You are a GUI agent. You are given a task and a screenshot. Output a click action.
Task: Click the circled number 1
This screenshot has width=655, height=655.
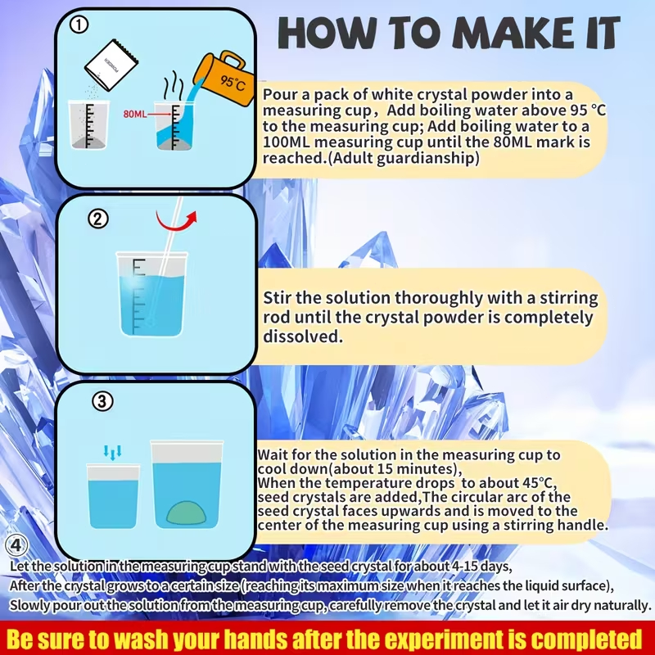(x=78, y=25)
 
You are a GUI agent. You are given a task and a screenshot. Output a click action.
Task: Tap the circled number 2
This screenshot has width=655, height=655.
(x=98, y=219)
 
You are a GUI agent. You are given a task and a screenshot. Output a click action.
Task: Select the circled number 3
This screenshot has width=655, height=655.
(x=102, y=401)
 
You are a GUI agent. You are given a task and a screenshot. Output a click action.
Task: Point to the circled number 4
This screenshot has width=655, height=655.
(x=16, y=545)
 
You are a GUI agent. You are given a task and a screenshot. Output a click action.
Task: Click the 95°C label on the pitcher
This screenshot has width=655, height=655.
(x=233, y=83)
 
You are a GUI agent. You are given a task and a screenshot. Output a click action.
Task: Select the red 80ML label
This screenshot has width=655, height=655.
(x=135, y=114)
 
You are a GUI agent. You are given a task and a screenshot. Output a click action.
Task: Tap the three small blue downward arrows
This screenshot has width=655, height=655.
(x=112, y=452)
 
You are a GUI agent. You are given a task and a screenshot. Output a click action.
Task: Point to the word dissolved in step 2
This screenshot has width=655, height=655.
(x=303, y=337)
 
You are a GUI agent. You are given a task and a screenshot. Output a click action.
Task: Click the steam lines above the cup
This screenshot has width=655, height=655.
(x=173, y=87)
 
